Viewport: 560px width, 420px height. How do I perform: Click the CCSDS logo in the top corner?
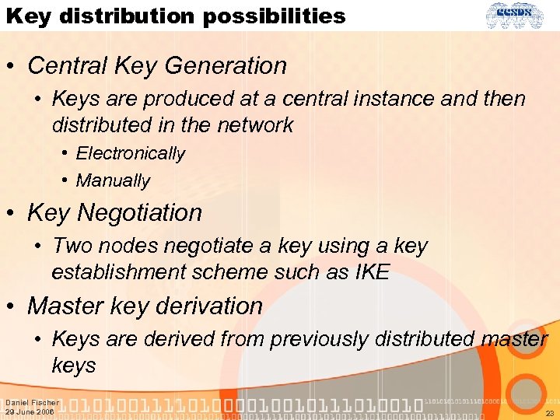click(x=521, y=16)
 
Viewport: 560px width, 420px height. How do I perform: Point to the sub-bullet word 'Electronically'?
click(x=130, y=153)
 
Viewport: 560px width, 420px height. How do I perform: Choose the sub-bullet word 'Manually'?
click(x=113, y=180)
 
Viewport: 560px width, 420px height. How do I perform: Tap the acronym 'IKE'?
click(x=370, y=272)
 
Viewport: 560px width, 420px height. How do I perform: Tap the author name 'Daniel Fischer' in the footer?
click(x=32, y=403)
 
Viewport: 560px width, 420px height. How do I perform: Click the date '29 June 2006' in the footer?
click(x=30, y=412)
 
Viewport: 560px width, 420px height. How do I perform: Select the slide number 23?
click(x=549, y=414)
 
